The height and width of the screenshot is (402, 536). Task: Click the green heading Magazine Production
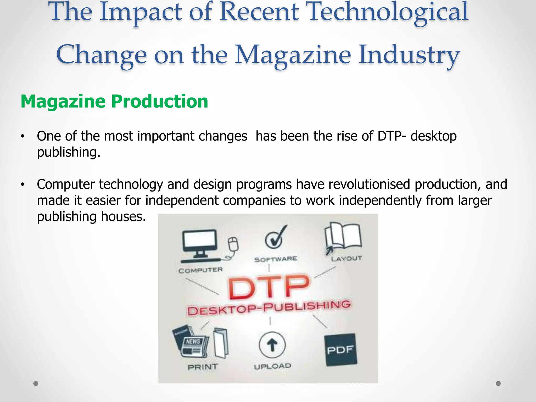pos(114,102)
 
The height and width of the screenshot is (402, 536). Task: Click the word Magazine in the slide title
pos(293,55)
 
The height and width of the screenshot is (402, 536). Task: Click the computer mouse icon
pos(233,244)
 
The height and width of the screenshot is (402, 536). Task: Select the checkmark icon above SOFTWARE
pos(275,238)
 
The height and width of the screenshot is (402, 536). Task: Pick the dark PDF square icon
pos(340,350)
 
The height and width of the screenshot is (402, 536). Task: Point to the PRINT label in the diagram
pos(203,367)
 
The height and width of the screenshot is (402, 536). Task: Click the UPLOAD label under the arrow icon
pos(272,366)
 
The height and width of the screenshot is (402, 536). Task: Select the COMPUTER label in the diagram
pos(200,270)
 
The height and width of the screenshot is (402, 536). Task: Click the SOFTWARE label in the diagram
pos(276,259)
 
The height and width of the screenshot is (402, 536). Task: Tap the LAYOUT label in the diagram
pos(346,259)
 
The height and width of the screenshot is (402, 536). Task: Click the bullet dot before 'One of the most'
pos(23,136)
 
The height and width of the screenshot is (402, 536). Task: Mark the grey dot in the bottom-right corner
pos(498,383)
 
